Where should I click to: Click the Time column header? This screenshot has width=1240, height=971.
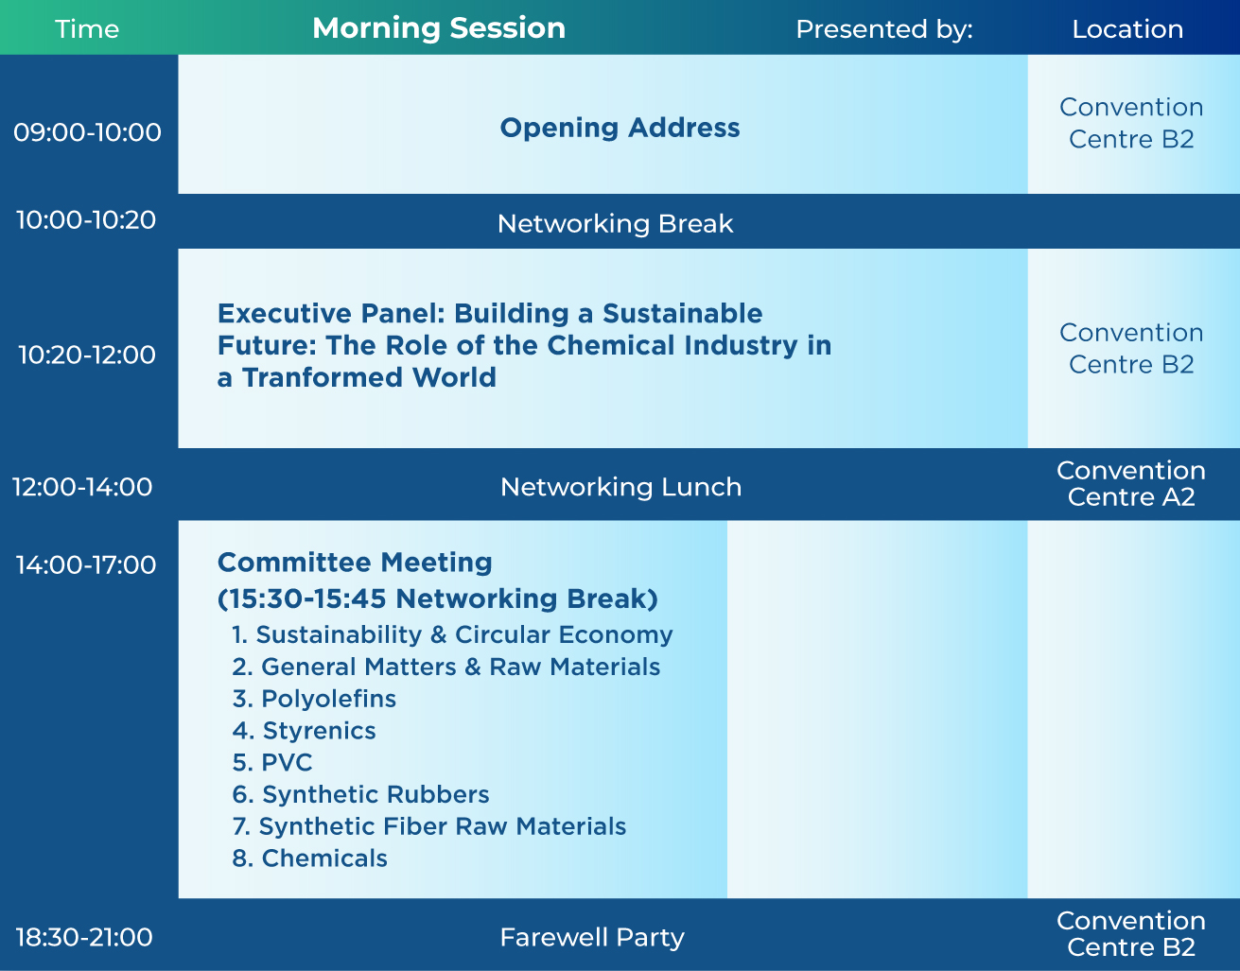click(x=87, y=29)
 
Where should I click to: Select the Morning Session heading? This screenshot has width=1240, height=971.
click(x=439, y=28)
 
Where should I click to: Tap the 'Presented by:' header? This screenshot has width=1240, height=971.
click(x=884, y=29)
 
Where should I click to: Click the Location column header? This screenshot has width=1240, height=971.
click(x=1127, y=29)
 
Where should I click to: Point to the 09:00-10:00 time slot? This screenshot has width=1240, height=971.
click(x=87, y=132)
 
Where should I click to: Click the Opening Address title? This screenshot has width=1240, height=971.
click(x=620, y=127)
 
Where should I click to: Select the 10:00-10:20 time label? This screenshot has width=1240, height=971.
click(x=86, y=220)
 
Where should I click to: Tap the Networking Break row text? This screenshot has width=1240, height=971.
click(x=615, y=223)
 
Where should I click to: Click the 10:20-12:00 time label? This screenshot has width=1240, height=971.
click(x=87, y=355)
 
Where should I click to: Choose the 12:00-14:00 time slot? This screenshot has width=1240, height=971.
click(x=82, y=487)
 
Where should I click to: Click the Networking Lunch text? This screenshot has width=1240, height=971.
click(x=620, y=487)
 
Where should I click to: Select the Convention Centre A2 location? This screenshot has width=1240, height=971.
click(x=1131, y=483)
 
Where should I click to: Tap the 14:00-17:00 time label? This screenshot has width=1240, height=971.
click(x=86, y=565)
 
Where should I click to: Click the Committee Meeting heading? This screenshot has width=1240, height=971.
click(x=355, y=563)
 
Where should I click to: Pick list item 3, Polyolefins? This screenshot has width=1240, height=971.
click(x=314, y=699)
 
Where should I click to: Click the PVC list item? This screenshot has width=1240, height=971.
click(x=272, y=762)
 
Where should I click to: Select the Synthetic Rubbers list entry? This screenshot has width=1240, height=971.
click(x=360, y=794)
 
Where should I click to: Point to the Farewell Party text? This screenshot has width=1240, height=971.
click(x=592, y=937)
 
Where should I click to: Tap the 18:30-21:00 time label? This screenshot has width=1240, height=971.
click(x=84, y=937)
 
